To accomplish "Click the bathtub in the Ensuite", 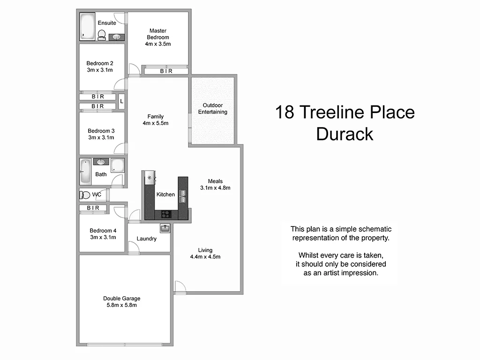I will coord(87,26).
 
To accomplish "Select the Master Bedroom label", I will coord(157,34).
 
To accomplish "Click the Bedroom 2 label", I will coord(99,63).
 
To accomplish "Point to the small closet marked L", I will coord(121,101).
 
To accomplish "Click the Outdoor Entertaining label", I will coord(212,108).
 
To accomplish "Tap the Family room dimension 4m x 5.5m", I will coord(155,123).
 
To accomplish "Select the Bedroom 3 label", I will coord(101,131).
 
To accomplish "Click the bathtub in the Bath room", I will coord(85,172).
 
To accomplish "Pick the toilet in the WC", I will coord(85,195).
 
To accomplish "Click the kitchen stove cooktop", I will coord(166,214).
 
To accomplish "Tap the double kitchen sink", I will coord(183,194).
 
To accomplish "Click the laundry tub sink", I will coord(165,228).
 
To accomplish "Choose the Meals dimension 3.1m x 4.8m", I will coord(215,188).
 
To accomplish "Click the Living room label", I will coord(205,250).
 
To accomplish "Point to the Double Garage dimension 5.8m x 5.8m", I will coord(121,305).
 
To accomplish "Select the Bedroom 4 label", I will coord(103,231).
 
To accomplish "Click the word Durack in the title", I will coord(345,134).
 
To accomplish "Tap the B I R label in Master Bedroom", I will coord(166,71).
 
